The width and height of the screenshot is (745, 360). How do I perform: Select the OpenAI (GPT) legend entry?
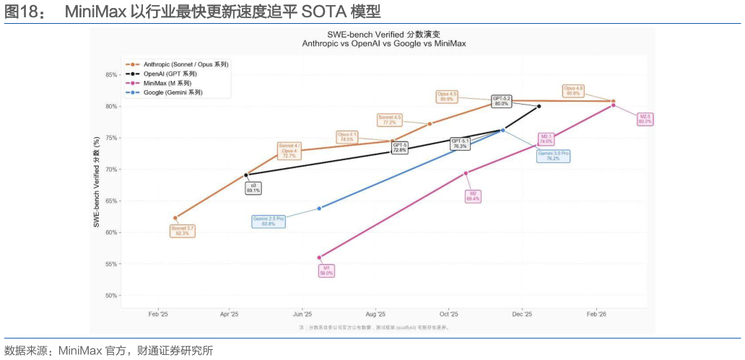170,74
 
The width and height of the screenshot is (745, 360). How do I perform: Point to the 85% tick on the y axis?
110,75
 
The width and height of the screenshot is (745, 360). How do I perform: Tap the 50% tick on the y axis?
110,296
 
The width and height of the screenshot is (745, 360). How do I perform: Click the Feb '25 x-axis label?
158,315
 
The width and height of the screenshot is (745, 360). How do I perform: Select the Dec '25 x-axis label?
522,315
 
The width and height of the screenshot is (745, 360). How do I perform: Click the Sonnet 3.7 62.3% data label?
182,231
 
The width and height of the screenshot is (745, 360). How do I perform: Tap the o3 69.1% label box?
253,188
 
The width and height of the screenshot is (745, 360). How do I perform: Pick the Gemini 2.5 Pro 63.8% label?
269,221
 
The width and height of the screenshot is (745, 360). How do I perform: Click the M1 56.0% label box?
326,271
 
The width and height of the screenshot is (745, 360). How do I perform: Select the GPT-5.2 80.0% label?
502,101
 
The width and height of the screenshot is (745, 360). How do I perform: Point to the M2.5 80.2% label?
645,119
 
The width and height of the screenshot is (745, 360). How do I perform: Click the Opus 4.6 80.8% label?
573,91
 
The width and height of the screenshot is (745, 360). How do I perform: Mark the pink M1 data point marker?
319,258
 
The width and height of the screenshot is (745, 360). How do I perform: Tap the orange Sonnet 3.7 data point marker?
175,218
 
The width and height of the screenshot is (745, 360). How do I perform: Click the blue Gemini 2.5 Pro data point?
319,208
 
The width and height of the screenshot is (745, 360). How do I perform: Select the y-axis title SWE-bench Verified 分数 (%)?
96,183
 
